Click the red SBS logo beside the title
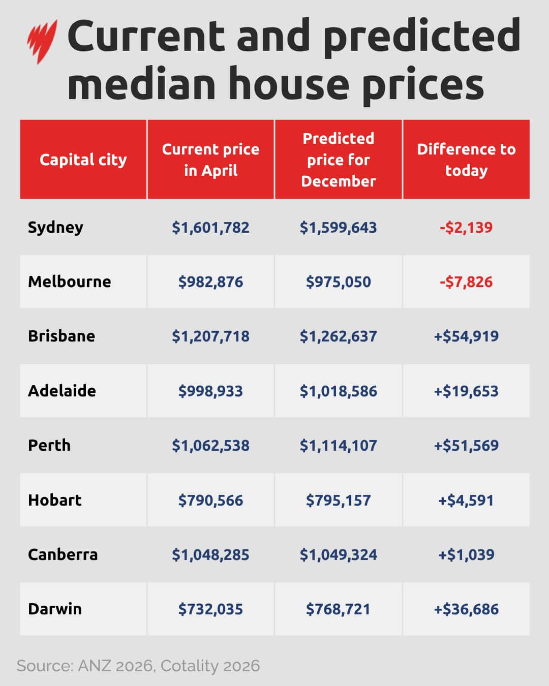tap(42, 41)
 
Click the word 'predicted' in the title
tap(421, 37)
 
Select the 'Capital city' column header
tap(83, 160)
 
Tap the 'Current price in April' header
tap(210, 160)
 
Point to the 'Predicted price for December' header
tap(339, 160)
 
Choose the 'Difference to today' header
tap(466, 160)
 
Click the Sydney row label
tap(55, 227)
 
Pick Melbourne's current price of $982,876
tap(210, 282)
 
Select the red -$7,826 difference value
tap(466, 282)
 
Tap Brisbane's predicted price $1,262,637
tap(339, 336)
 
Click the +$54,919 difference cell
tap(466, 336)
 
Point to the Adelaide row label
tap(62, 391)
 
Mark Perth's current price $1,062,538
tap(210, 446)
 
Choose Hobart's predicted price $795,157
tap(339, 501)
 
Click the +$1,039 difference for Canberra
tap(466, 554)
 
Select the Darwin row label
tap(55, 609)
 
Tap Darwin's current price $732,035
tap(210, 609)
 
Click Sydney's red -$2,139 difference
tap(466, 227)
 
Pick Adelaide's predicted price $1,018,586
tap(339, 391)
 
